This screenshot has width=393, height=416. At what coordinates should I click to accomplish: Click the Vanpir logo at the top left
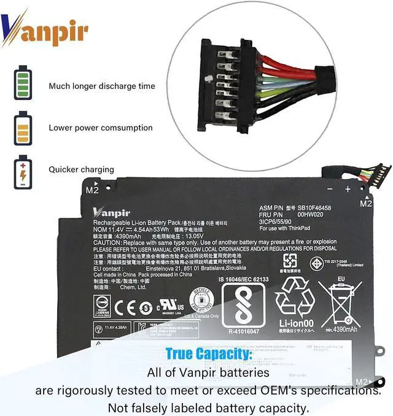44,28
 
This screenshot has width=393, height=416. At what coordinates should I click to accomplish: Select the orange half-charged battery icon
23,128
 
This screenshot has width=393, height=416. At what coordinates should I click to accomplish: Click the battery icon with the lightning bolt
23,171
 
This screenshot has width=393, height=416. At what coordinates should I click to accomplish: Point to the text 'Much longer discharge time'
102,87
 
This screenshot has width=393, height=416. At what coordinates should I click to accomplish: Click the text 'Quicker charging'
81,169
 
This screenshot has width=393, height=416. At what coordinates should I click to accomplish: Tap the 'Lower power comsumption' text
101,128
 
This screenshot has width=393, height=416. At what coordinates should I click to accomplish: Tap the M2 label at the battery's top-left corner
92,190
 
